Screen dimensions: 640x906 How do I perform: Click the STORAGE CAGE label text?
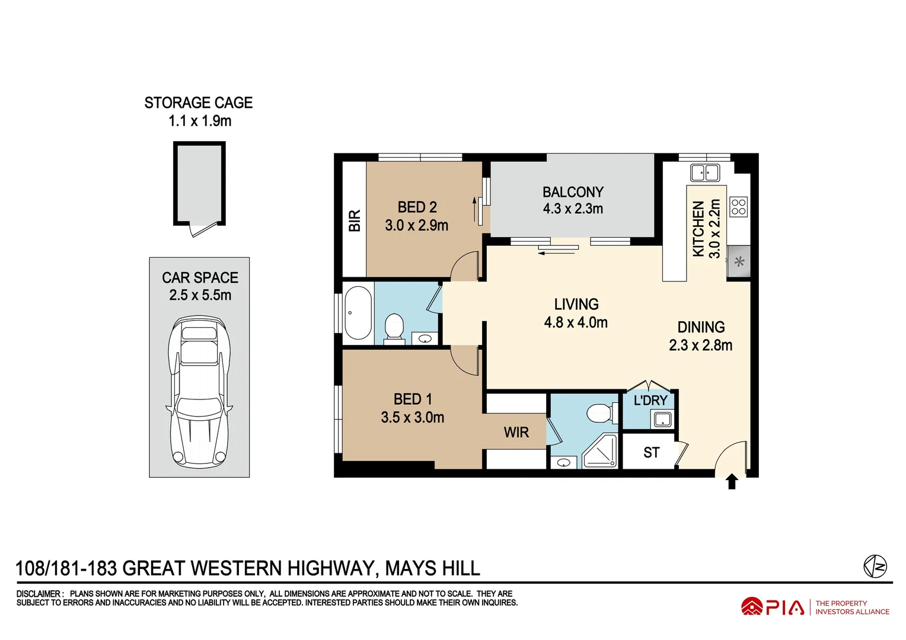[x=199, y=103]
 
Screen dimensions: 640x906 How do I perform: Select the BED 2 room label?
[x=417, y=207]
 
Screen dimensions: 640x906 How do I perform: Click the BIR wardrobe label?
[x=355, y=220]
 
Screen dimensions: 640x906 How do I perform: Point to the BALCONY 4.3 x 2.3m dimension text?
[x=573, y=209]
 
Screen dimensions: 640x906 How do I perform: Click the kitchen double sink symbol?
[x=705, y=173]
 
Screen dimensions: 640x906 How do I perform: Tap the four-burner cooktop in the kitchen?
[x=739, y=207]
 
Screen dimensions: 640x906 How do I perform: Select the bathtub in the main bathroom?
[x=358, y=313]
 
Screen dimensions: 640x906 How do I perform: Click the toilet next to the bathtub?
[x=394, y=328]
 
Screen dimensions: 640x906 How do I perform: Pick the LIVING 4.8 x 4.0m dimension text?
[x=576, y=323]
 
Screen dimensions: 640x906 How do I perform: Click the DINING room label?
[x=701, y=327]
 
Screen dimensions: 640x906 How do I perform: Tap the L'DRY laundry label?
[x=650, y=401]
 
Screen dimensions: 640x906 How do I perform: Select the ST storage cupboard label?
[x=651, y=453]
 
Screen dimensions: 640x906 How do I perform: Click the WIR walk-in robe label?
[x=516, y=433]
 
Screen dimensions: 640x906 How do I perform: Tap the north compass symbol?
[x=875, y=566]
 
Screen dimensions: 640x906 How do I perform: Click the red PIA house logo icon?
[x=751, y=606]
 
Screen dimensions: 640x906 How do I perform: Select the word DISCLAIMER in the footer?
[x=39, y=594]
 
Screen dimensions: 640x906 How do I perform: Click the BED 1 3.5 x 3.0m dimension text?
[x=413, y=418]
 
